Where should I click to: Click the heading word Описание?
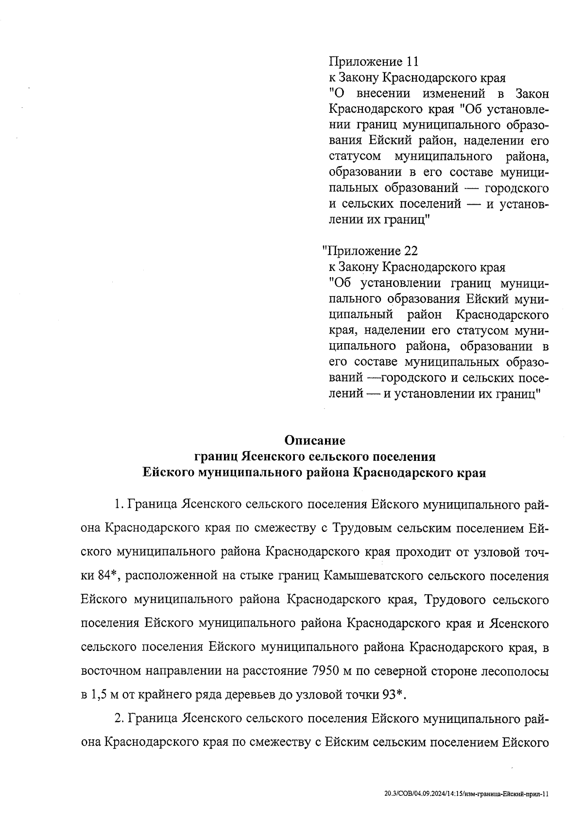(x=315, y=440)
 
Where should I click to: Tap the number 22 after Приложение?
(x=410, y=251)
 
